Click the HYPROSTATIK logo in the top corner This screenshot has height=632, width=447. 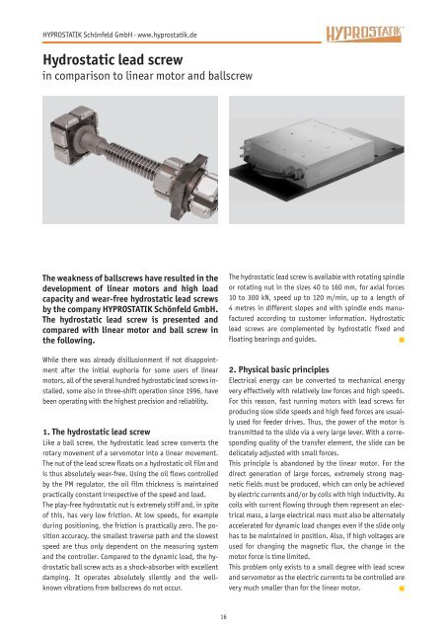pos(365,34)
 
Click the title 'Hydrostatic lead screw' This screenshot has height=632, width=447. pos(112,60)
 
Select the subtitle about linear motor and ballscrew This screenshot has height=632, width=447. pos(147,76)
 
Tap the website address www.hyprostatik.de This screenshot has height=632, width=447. pos(167,35)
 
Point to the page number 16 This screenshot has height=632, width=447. pos(223,616)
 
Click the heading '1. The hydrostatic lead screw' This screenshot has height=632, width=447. pos(97,432)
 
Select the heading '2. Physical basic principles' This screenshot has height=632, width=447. pos(278,369)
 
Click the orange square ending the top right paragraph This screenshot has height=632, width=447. pos(402,340)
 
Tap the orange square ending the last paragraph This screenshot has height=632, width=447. pos(402,589)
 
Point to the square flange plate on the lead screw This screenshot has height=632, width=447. pos(192,186)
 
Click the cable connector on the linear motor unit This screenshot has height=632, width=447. pos(296,174)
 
